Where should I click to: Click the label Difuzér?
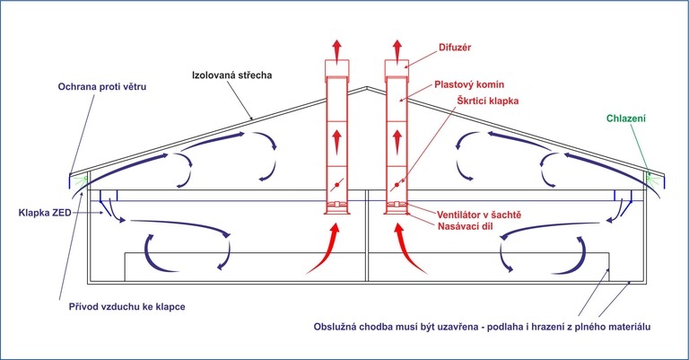[454, 47]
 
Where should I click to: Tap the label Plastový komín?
[469, 84]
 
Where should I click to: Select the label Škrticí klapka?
[488, 101]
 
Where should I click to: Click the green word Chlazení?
[625, 119]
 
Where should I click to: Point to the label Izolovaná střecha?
[232, 75]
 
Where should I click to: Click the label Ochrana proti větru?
[102, 86]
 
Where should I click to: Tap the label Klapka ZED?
[45, 213]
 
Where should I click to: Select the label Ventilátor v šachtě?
[479, 215]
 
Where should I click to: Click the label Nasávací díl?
[466, 226]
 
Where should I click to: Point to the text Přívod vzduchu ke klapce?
[127, 306]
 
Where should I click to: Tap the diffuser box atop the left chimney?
[337, 67]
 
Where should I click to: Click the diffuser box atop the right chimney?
[397, 67]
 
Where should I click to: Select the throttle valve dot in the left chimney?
[337, 185]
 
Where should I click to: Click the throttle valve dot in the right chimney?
[397, 185]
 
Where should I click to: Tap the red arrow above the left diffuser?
[336, 49]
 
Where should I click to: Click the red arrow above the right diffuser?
[397, 49]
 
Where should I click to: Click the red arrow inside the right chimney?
[397, 141]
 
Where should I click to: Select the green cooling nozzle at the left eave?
[82, 180]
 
